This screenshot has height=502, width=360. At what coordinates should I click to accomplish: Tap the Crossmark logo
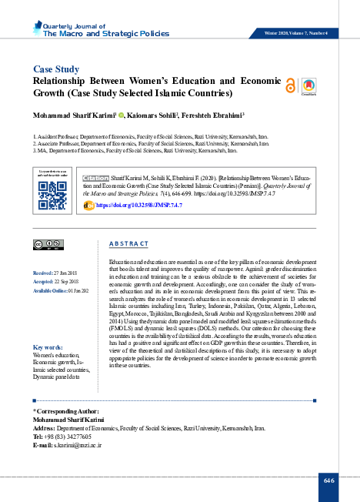point(308,86)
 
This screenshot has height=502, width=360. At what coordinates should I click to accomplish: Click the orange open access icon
point(290,86)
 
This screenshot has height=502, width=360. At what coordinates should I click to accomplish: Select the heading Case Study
point(58,68)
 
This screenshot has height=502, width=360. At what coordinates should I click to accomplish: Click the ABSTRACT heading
point(129,243)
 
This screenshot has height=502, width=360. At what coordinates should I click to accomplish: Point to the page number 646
point(329,480)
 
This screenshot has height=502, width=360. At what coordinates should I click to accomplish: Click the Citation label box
point(95,178)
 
